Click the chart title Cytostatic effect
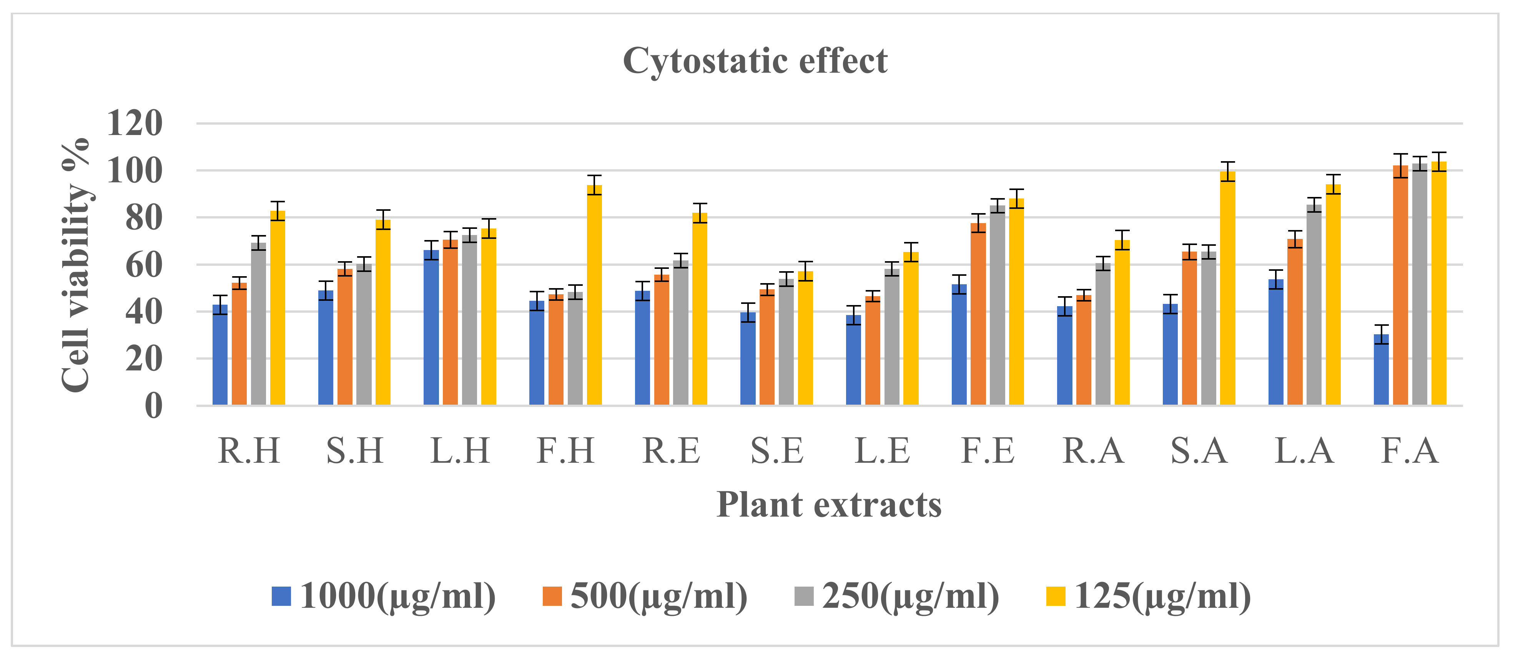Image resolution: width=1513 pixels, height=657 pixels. click(755, 61)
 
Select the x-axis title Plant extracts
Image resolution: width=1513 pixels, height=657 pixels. click(829, 505)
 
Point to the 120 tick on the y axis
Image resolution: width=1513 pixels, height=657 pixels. click(135, 123)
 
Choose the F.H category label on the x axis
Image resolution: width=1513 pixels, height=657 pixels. click(565, 451)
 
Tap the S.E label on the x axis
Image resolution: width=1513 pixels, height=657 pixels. click(776, 451)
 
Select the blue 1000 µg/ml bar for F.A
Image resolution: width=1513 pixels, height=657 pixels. click(1382, 370)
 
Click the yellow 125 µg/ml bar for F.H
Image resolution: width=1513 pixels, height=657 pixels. click(594, 295)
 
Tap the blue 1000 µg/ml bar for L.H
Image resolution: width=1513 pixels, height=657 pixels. click(431, 327)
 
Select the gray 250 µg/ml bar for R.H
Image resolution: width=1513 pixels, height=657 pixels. click(258, 324)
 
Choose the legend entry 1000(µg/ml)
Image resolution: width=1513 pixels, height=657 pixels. click(384, 597)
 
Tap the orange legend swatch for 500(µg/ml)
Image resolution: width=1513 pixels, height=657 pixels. click(552, 597)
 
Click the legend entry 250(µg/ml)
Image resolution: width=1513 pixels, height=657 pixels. click(897, 597)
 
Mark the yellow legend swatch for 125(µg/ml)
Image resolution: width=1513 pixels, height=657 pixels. click(1056, 597)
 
